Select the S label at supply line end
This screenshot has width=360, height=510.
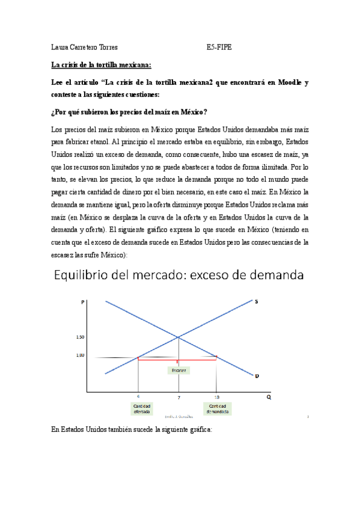click(x=257, y=302)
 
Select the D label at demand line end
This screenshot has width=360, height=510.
click(x=257, y=376)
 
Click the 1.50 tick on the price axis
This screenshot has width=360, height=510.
click(x=81, y=337)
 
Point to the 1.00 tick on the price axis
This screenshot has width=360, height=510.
click(x=81, y=355)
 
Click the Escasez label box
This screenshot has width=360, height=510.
click(x=178, y=370)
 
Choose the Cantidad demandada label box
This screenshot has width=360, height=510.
click(x=217, y=408)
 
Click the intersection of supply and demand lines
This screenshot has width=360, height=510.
click(x=178, y=337)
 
